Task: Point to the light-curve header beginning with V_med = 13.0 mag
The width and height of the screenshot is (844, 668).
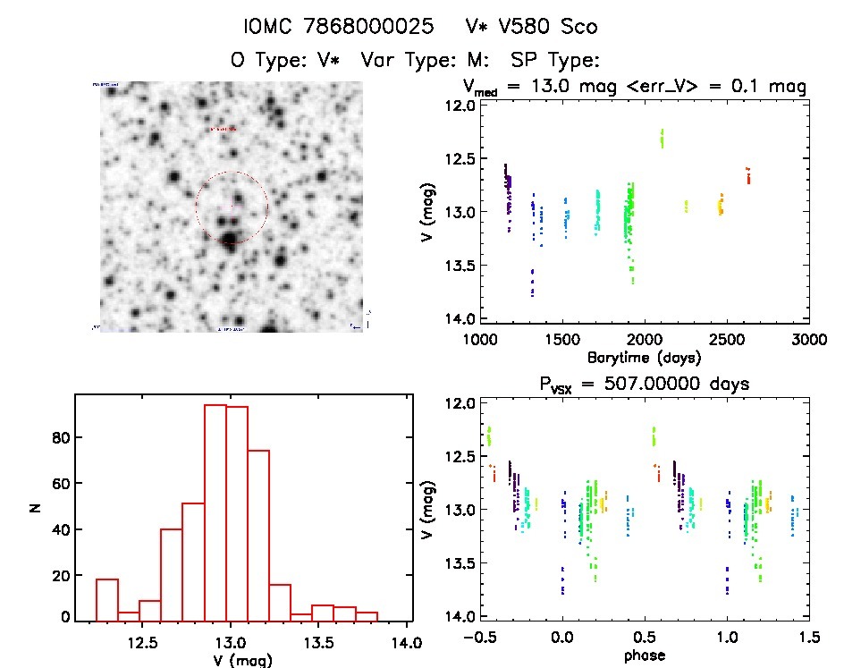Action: [x=636, y=87]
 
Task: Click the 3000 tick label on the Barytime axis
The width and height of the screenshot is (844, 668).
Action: [x=808, y=339]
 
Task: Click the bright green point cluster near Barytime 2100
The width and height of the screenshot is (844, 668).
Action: [x=663, y=138]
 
